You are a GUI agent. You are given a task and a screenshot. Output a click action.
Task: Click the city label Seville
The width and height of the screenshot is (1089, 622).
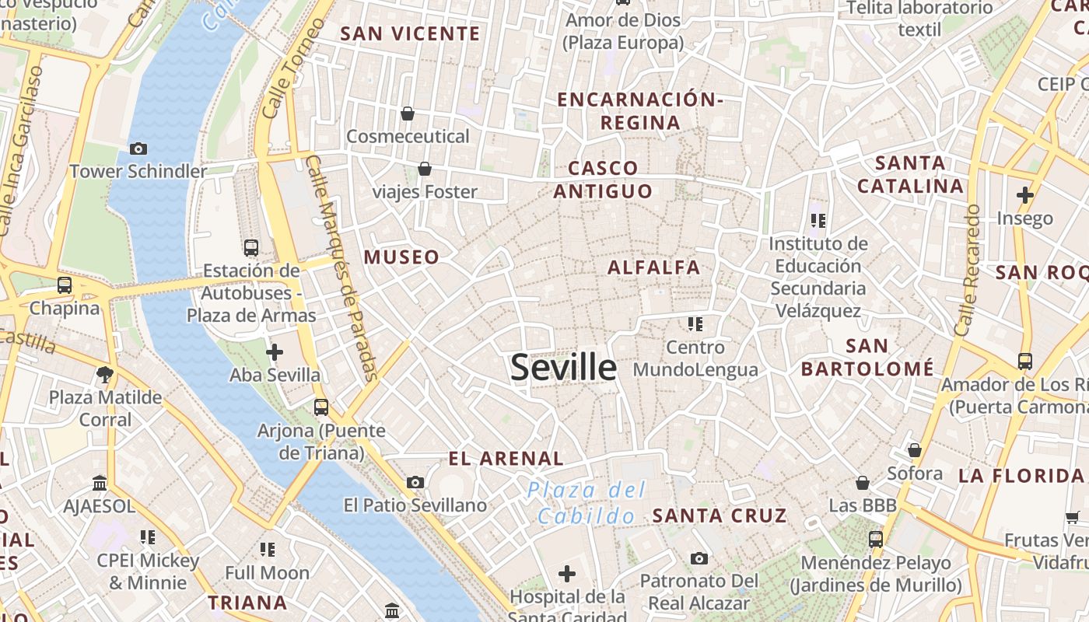pos(563,368)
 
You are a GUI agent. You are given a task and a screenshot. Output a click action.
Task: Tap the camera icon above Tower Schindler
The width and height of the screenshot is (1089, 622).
pos(138,149)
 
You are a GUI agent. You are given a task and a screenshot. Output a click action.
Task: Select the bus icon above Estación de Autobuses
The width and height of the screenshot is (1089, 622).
pos(250,248)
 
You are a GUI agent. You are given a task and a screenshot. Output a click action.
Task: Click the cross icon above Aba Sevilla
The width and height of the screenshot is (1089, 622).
pos(274,352)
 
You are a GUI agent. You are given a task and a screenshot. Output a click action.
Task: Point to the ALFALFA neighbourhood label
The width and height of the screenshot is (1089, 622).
pos(654,267)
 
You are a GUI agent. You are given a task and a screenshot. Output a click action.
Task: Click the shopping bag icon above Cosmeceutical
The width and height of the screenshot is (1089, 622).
pos(407,114)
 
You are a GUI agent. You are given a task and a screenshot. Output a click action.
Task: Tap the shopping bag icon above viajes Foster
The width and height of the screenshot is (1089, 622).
pos(425,168)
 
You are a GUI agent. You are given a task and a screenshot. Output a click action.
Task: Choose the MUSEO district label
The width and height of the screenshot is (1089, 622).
pos(402,257)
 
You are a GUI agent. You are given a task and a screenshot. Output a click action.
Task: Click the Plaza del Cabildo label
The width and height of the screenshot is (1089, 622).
pos(587,502)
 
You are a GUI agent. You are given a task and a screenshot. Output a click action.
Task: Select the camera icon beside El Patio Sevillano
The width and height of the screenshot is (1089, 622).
pos(415,482)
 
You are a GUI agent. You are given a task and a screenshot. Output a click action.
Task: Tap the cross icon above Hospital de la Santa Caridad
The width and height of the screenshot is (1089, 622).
pos(567,574)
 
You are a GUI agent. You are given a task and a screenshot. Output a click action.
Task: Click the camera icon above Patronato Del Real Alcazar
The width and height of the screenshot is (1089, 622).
pos(699,558)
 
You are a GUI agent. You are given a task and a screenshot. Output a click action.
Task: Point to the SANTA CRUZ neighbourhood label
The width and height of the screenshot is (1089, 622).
pos(720,515)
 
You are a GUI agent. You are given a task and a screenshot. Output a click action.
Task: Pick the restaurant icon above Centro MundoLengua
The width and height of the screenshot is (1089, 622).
pos(695,323)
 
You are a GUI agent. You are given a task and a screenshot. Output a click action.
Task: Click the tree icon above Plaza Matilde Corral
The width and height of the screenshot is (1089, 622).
pos(105,375)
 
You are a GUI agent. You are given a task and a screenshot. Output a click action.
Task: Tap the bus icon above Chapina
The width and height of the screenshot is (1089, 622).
pos(65,285)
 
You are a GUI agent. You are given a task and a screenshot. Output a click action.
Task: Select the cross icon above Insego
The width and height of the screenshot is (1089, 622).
pos(1024,195)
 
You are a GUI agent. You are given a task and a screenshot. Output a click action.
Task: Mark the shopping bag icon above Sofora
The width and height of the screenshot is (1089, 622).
pos(915,450)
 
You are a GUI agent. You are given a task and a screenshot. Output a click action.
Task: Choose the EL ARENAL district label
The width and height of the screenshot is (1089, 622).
pos(506,459)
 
